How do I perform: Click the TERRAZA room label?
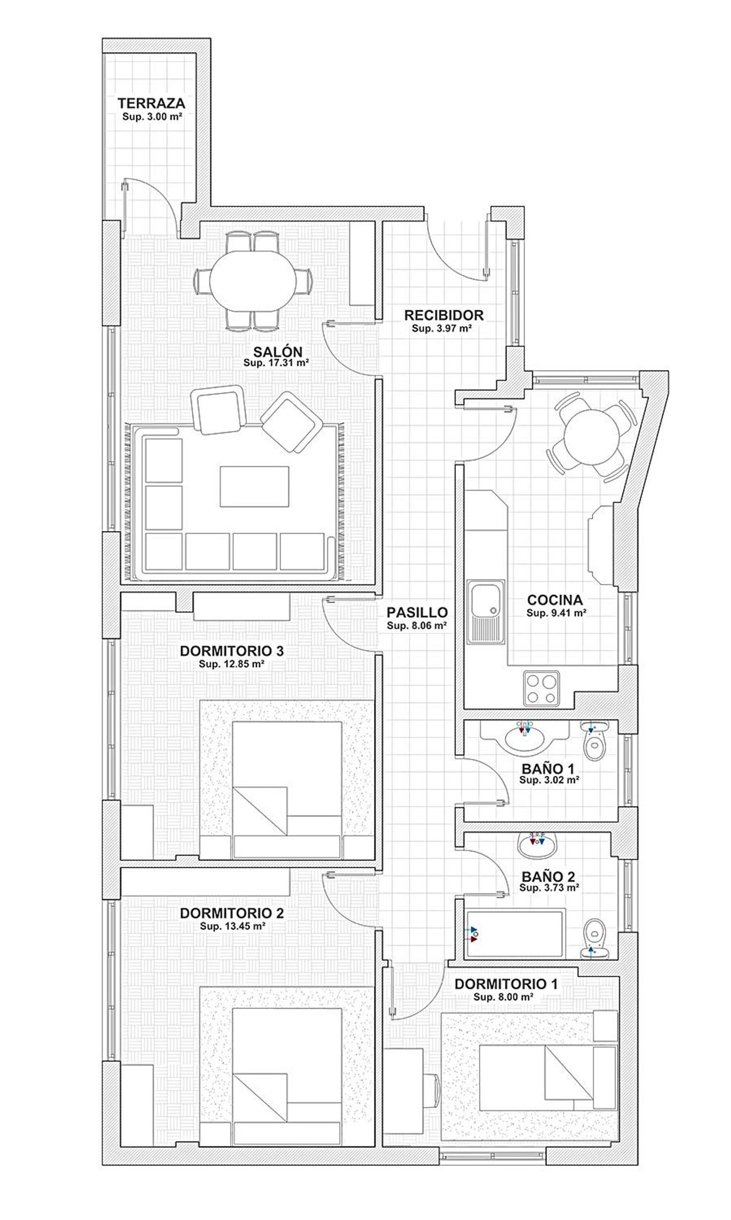(151, 103)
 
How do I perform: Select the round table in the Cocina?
(591, 437)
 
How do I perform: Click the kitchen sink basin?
(486, 600)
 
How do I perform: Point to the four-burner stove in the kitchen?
(541, 688)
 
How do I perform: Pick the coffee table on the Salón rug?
(254, 486)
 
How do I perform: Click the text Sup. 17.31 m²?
(276, 363)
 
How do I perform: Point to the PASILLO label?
(417, 612)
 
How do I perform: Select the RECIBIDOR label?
(444, 315)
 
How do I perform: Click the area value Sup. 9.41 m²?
(556, 613)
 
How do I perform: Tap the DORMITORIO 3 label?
(231, 651)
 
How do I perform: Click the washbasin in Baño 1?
(525, 737)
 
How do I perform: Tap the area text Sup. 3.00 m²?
(153, 117)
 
